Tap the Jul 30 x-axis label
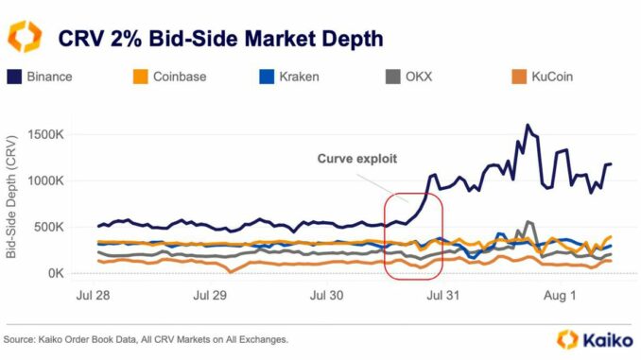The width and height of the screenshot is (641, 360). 327,295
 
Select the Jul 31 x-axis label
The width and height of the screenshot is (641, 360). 442,295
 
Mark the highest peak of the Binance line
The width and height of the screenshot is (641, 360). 528,125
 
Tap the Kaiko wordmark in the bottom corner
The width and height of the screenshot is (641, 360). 603,338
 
